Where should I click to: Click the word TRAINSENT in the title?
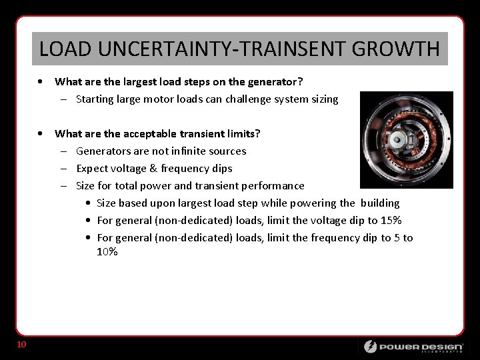click(281, 49)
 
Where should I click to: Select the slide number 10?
click(21, 345)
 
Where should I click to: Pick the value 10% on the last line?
click(107, 252)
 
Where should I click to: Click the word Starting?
click(96, 99)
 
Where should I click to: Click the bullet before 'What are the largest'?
click(42, 82)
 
